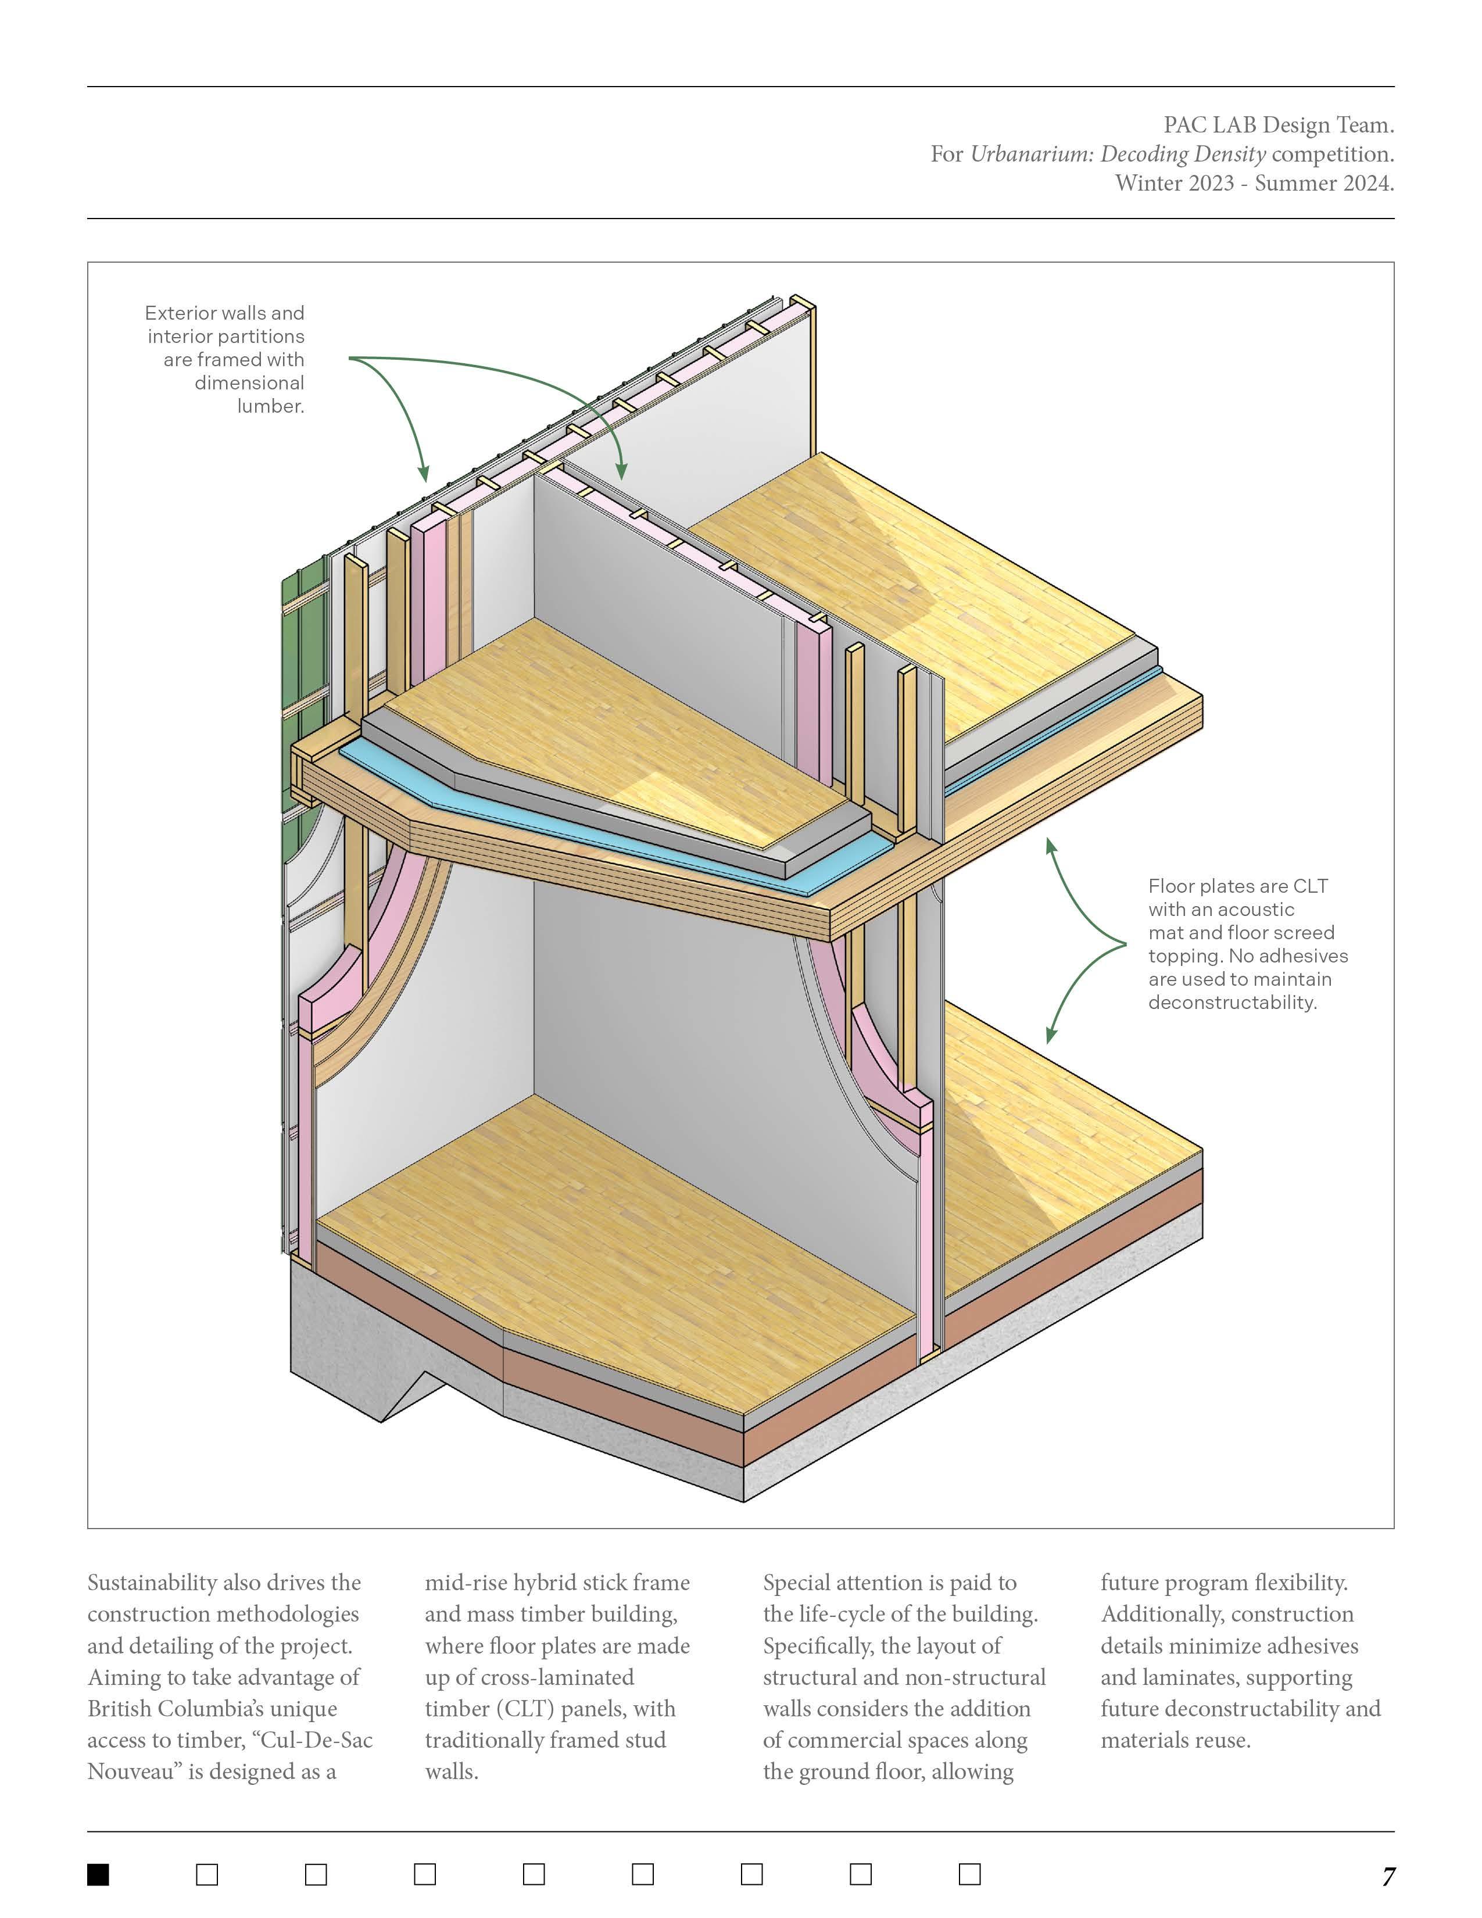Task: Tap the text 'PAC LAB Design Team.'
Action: (x=1279, y=126)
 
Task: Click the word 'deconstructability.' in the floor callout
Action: (x=1232, y=1003)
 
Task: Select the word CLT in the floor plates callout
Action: (x=1311, y=886)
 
